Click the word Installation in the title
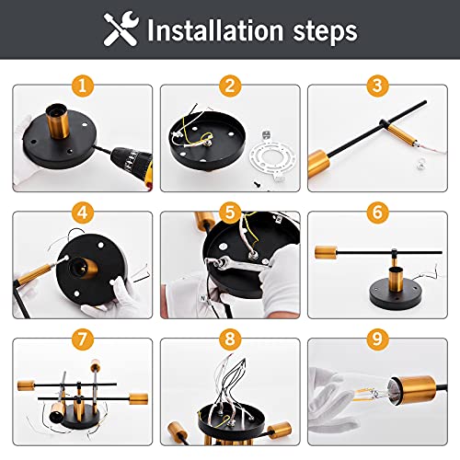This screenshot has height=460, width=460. pyautogui.click(x=214, y=32)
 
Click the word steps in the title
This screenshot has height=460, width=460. pyautogui.click(x=320, y=32)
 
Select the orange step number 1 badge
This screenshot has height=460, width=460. pyautogui.click(x=84, y=86)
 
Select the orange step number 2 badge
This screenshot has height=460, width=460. pyautogui.click(x=230, y=86)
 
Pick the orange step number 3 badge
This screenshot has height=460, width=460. pyautogui.click(x=376, y=86)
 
